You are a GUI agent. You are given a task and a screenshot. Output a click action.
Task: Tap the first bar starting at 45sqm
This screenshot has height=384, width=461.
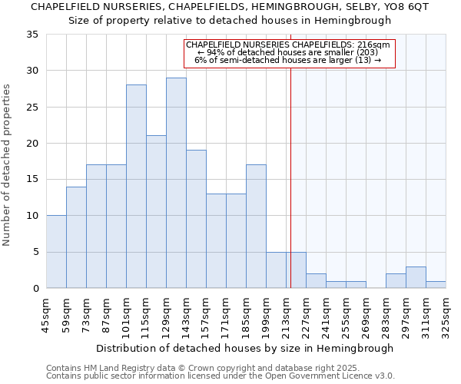pos(56,252)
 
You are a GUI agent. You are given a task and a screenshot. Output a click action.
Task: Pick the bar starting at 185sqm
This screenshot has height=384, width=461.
pos(256,227)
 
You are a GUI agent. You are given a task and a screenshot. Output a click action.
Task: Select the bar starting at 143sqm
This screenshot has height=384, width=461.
pos(196,219)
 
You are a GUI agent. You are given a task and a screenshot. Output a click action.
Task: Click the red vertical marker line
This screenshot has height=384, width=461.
pos(291,177)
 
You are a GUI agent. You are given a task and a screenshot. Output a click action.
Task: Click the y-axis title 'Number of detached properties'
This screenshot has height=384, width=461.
pos(8,165)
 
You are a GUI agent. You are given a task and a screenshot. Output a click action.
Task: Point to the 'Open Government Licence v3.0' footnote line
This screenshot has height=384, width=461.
pos(220,376)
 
